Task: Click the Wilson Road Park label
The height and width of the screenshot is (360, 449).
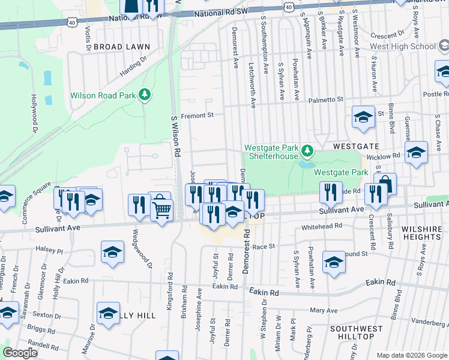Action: [x=103, y=95]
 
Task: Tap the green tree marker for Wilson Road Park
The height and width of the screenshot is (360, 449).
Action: [x=144, y=94]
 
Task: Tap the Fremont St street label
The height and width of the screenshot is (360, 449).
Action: [x=198, y=115]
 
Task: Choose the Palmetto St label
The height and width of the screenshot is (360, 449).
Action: [x=326, y=100]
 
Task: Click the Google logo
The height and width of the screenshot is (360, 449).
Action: [x=20, y=353]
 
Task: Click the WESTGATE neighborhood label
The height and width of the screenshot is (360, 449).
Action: [x=357, y=146]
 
